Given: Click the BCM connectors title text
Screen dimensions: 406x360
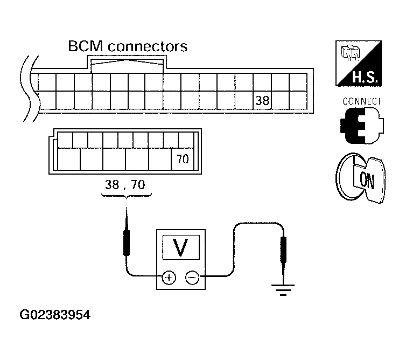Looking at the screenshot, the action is pyautogui.click(x=128, y=47).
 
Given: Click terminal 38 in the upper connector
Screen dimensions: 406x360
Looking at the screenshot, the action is pyautogui.click(x=262, y=100).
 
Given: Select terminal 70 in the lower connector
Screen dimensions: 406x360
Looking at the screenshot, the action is pyautogui.click(x=183, y=159).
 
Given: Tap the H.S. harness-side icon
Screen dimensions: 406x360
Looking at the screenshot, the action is pyautogui.click(x=359, y=63).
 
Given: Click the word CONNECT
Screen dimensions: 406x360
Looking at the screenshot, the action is pyautogui.click(x=361, y=101).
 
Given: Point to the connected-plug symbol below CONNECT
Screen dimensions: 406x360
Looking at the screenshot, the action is pyautogui.click(x=362, y=126).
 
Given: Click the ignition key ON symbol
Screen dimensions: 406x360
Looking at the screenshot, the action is pyautogui.click(x=361, y=178).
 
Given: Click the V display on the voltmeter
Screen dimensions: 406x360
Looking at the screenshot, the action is pyautogui.click(x=181, y=247).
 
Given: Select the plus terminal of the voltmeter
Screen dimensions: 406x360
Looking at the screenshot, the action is pyautogui.click(x=169, y=278).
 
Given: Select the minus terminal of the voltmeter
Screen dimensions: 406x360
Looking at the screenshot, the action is pyautogui.click(x=192, y=278).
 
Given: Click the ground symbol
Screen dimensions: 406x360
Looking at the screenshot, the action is pyautogui.click(x=283, y=290).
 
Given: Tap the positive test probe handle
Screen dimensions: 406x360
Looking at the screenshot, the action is pyautogui.click(x=127, y=243).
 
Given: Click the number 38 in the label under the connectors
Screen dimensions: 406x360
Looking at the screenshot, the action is pyautogui.click(x=112, y=185).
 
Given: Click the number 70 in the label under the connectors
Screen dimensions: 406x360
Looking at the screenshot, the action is pyautogui.click(x=138, y=185).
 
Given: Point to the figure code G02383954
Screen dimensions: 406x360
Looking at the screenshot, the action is pyautogui.click(x=55, y=315).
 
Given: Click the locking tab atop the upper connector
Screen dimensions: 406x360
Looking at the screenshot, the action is pyautogui.click(x=127, y=64).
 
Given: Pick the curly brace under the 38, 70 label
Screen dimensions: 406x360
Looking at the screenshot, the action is pyautogui.click(x=127, y=196).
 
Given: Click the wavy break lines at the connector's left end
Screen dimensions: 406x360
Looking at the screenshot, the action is pyautogui.click(x=30, y=88).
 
